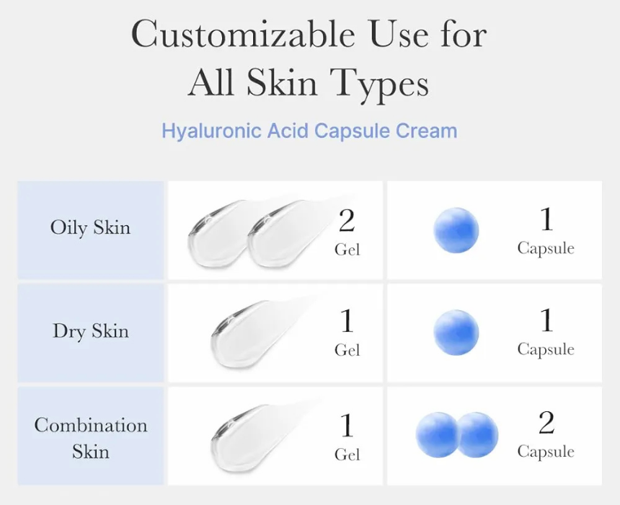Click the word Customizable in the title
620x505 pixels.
tap(243, 34)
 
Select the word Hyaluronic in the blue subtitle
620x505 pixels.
tap(213, 131)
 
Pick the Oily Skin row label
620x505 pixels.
tap(90, 229)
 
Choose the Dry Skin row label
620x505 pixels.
tap(91, 331)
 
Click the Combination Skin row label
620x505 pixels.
tap(91, 438)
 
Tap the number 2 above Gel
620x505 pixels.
tap(347, 221)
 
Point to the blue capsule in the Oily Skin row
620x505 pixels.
tap(456, 230)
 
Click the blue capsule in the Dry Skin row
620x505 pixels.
tap(456, 333)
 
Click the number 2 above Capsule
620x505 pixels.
tap(546, 423)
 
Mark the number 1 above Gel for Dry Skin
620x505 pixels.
tap(347, 321)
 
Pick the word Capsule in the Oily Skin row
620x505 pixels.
tap(546, 249)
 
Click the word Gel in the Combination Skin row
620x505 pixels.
tap(347, 454)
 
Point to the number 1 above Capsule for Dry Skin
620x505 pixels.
tap(546, 320)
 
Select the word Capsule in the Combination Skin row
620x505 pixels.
tap(546, 452)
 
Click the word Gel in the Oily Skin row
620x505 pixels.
tap(347, 250)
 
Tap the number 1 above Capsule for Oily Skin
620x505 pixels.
tap(546, 219)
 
